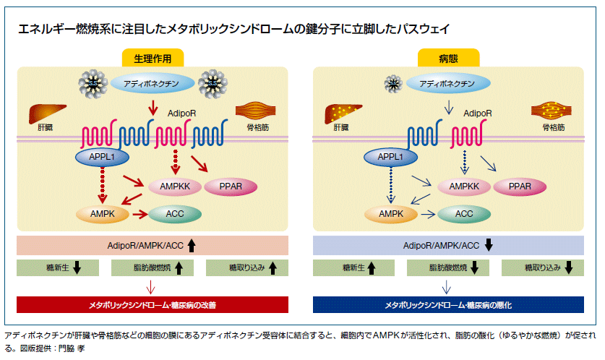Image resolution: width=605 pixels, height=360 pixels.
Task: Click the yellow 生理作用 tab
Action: tap(153, 59)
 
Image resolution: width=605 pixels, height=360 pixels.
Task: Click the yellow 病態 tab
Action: tap(449, 59)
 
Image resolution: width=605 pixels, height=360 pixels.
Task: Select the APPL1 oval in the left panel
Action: tap(98, 156)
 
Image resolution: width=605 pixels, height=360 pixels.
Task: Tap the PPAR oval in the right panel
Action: tap(520, 187)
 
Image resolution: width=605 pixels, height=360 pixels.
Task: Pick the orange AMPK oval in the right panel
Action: tap(390, 214)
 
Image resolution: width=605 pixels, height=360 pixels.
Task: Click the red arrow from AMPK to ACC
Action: tap(137, 214)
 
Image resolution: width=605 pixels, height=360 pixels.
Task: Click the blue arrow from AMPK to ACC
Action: tap(429, 214)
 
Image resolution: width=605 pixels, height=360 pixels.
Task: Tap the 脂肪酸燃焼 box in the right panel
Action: tap(448, 268)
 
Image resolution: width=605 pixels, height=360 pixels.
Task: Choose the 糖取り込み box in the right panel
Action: tap(542, 268)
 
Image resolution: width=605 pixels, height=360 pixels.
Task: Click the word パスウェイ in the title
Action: tap(423, 29)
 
